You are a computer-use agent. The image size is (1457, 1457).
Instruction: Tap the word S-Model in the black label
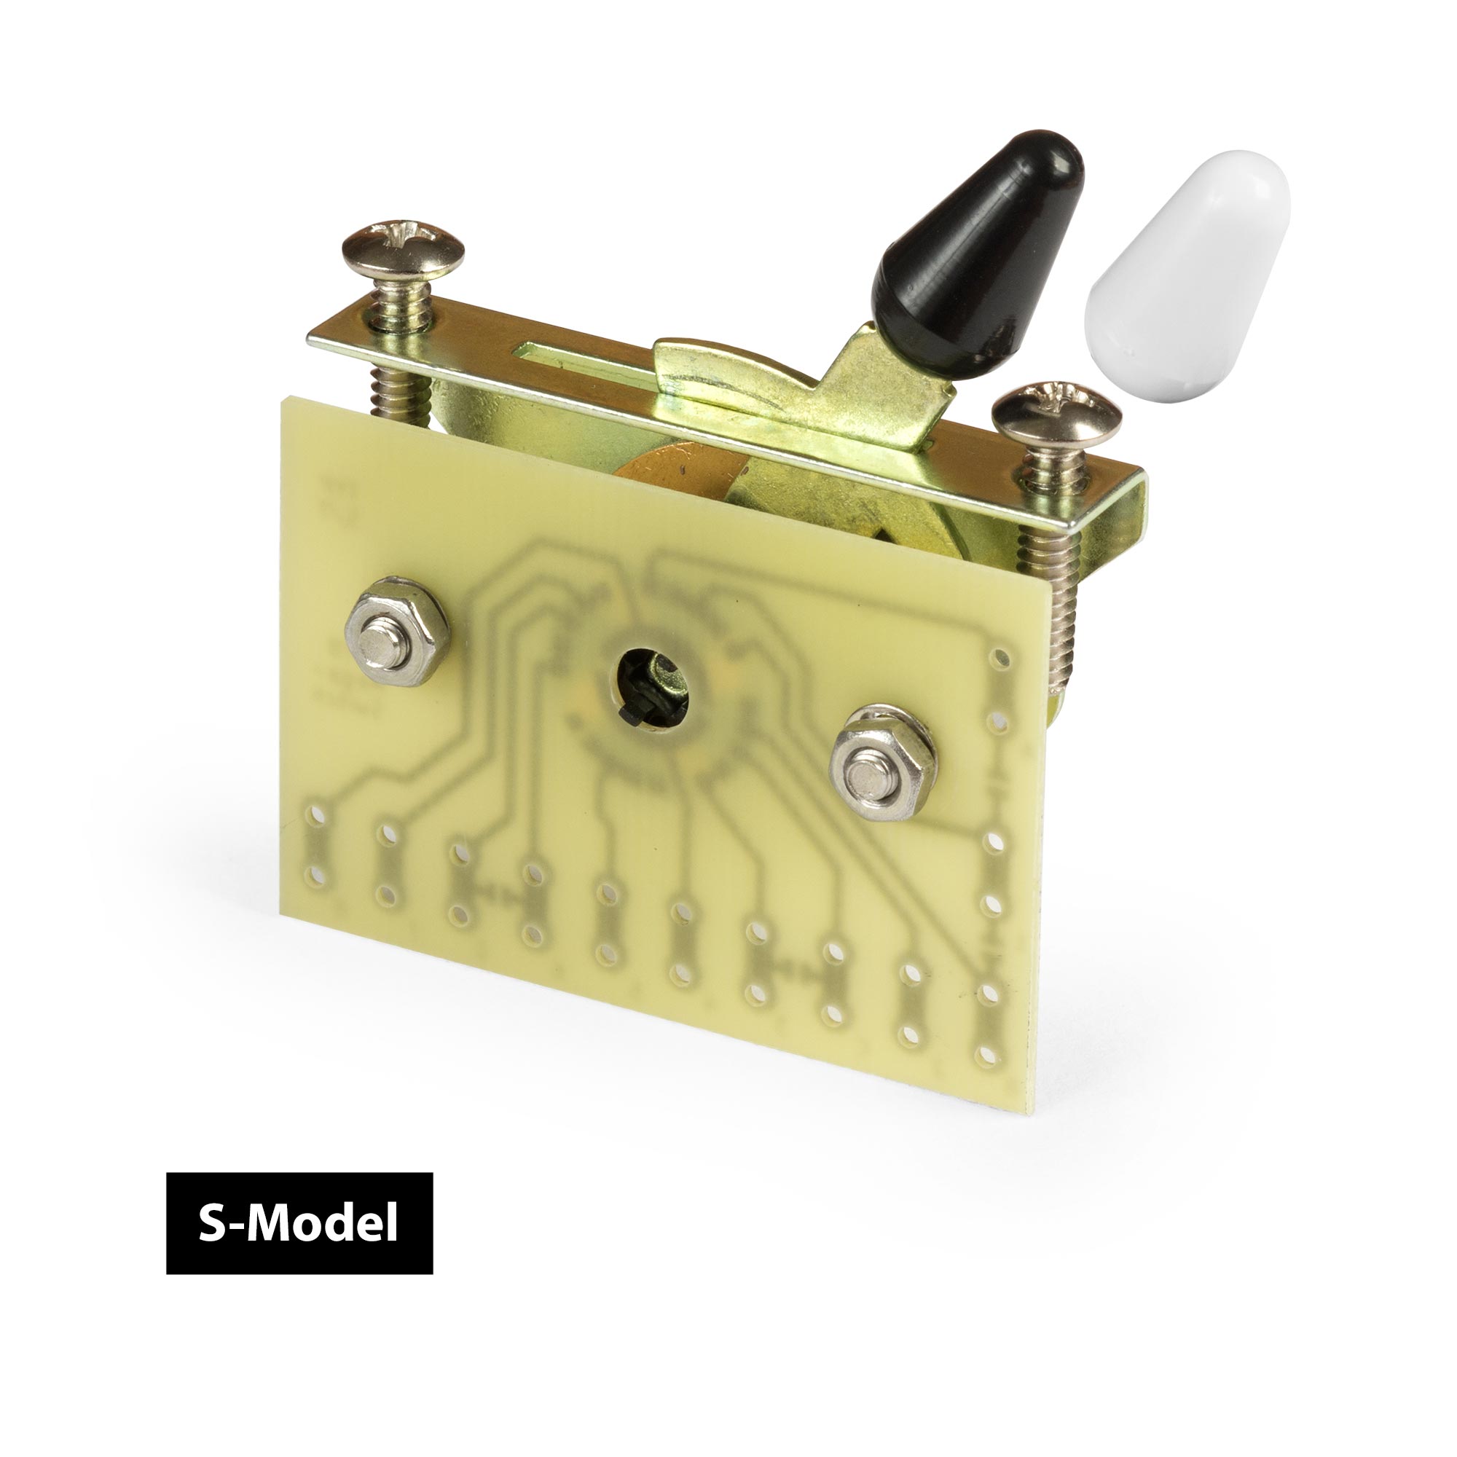coord(299,1222)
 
